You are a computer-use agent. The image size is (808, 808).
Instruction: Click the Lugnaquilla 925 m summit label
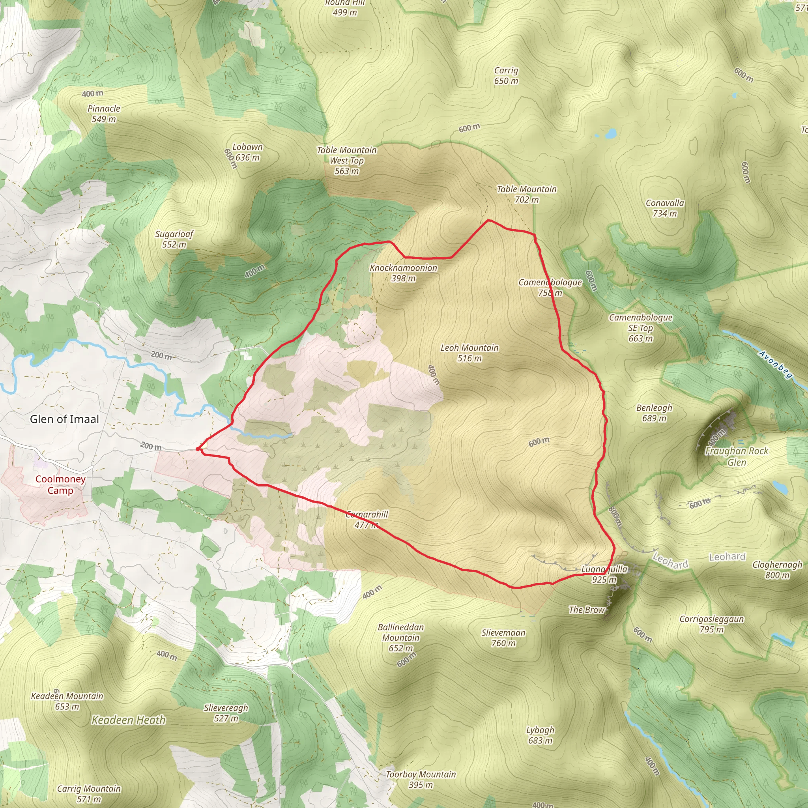(604, 574)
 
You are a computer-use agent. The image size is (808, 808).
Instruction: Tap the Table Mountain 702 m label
(527, 195)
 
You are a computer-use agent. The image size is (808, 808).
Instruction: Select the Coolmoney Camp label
(60, 485)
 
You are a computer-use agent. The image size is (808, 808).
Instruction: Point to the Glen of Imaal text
(64, 419)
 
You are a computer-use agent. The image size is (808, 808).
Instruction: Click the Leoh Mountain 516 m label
(469, 353)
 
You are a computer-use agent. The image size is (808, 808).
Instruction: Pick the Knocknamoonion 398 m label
(403, 273)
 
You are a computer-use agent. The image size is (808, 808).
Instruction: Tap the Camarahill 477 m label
(367, 520)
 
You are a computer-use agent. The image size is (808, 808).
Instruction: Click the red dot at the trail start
(198, 449)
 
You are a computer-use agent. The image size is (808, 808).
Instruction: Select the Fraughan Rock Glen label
(737, 457)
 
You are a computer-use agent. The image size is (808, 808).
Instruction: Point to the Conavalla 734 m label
(664, 208)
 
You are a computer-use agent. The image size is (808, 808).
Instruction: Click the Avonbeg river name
(776, 365)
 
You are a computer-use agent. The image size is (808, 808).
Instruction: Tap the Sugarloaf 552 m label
(174, 239)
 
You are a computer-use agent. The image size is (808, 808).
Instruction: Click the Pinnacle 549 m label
(104, 114)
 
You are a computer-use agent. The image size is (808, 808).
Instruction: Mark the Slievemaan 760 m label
(503, 638)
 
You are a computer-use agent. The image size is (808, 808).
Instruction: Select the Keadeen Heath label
(128, 720)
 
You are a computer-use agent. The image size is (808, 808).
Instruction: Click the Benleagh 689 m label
(654, 413)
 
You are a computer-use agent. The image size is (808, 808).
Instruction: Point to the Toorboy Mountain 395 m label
(420, 780)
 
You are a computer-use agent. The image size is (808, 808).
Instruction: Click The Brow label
(586, 610)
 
